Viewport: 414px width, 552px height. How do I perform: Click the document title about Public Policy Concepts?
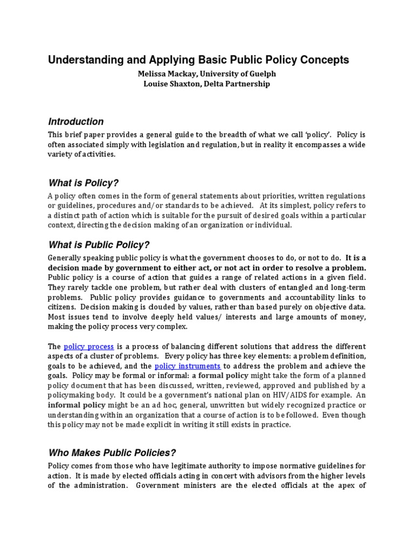[198, 60]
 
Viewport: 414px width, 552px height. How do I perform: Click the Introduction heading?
[76, 122]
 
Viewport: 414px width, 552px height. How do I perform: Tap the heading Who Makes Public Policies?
[113, 452]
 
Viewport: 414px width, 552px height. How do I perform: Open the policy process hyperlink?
[88, 346]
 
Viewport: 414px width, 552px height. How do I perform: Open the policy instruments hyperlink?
[188, 366]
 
